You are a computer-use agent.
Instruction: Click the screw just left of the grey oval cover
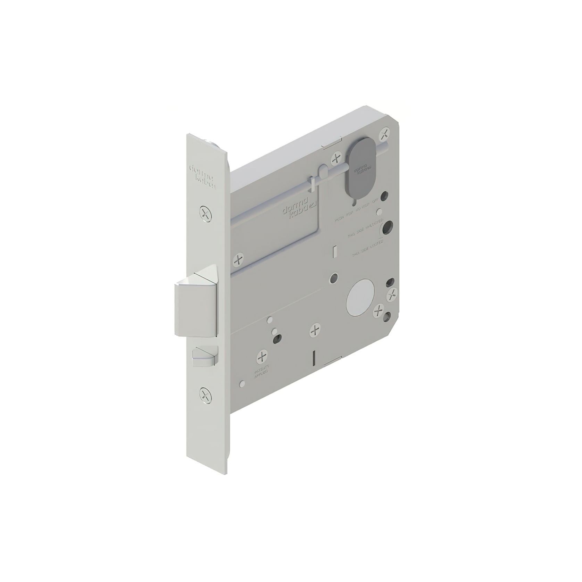(x=336, y=159)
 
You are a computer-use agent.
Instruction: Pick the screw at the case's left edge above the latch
(x=238, y=259)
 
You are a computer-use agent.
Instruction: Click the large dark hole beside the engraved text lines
(x=386, y=226)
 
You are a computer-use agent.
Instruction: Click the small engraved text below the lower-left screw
(x=262, y=374)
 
